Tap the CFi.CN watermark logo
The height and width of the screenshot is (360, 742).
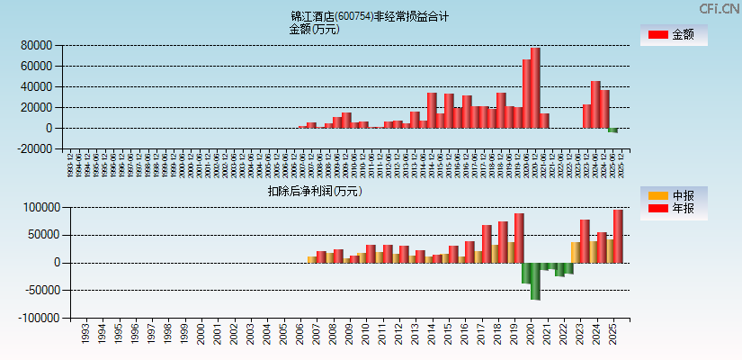(x=720, y=8)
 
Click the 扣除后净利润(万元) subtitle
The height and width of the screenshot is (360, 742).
(x=314, y=191)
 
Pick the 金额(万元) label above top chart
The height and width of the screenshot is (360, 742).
(x=314, y=29)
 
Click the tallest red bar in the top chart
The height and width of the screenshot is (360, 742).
(x=535, y=87)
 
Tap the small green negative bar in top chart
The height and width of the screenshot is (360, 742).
(x=612, y=130)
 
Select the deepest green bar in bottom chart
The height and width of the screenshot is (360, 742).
(x=535, y=281)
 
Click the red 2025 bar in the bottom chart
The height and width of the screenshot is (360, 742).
(x=618, y=236)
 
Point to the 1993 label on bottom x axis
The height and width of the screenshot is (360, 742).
(x=85, y=335)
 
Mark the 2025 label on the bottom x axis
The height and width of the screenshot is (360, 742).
(x=612, y=335)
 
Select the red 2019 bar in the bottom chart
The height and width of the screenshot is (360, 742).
(x=519, y=238)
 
